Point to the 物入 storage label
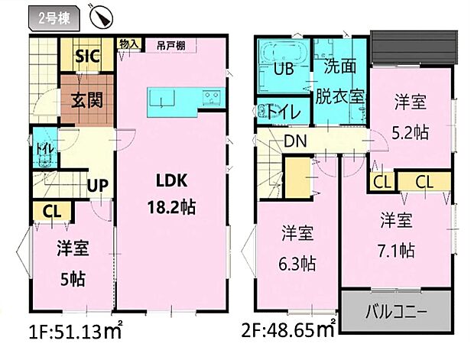pos(128,44)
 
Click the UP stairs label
pos(96,186)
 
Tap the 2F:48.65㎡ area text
pos(285,330)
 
